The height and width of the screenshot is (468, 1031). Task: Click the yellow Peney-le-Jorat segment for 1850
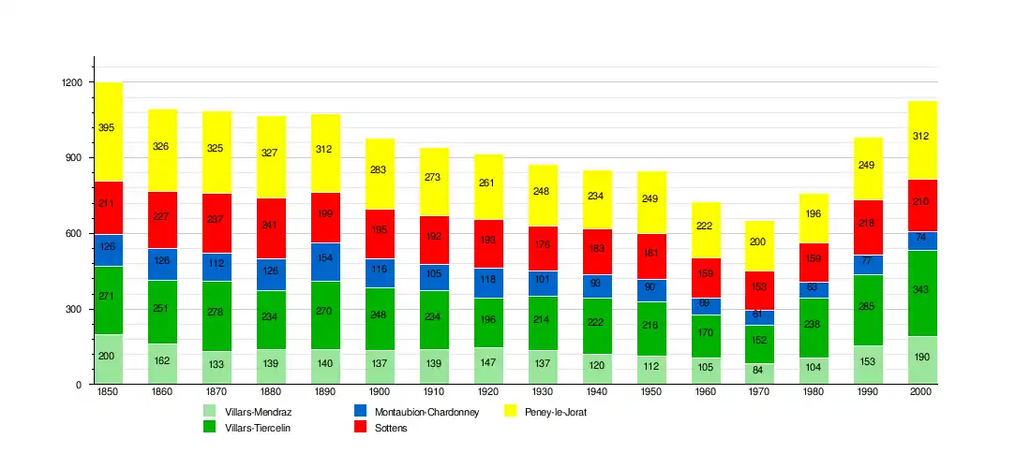tap(108, 132)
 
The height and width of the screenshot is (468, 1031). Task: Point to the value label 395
tap(106, 127)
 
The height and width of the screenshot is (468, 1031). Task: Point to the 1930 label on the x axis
tap(542, 392)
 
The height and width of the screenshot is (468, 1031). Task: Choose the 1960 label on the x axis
tap(705, 392)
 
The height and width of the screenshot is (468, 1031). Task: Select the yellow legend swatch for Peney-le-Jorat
tap(512, 411)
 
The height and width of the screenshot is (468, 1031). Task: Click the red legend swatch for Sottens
tap(361, 427)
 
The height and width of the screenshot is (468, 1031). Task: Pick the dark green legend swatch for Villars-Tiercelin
tap(210, 427)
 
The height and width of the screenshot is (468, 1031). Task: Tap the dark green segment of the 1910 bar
tap(434, 319)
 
